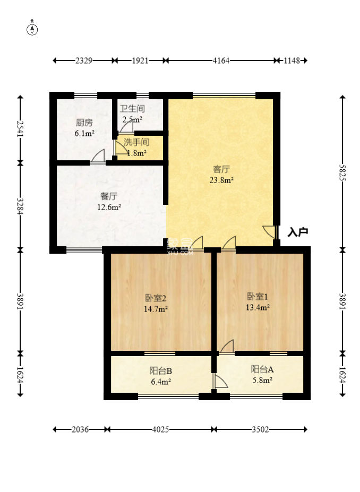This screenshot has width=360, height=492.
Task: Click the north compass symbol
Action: point(32,29)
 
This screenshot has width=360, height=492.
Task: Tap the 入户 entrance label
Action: point(298,232)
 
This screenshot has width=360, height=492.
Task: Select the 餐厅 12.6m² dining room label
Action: point(109,202)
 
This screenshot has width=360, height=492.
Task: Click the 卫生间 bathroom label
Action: point(132,109)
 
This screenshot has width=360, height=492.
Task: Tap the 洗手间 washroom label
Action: point(136,142)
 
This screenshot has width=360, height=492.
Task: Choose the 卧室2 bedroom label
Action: point(156,297)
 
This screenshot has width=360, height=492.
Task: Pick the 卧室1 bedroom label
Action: point(258,296)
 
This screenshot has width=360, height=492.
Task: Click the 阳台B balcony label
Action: point(161,371)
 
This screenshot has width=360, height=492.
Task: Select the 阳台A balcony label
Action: point(262,369)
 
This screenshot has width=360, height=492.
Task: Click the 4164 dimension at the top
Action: point(221,61)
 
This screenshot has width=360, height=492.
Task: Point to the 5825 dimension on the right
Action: point(342,172)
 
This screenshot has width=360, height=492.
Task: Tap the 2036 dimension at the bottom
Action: point(80,429)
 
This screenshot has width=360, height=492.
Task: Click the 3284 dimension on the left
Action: point(20,206)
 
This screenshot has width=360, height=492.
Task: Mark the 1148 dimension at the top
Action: point(292,61)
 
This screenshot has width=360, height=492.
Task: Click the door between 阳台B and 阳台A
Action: point(220,382)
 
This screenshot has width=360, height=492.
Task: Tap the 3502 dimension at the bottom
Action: point(260,429)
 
